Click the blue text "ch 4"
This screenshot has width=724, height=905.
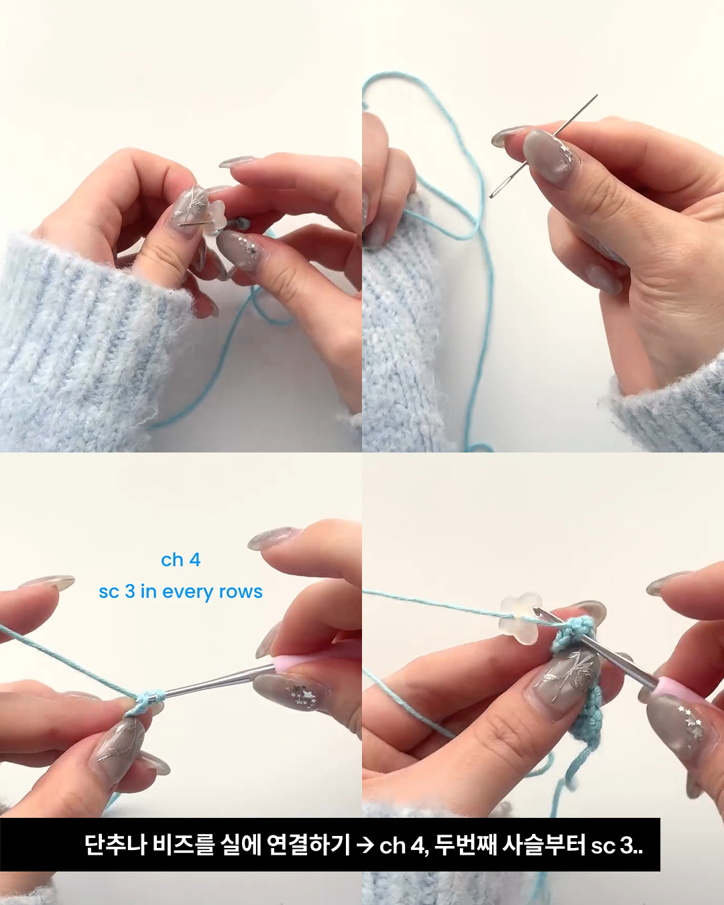(x=181, y=560)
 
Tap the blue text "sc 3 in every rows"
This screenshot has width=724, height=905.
(x=181, y=592)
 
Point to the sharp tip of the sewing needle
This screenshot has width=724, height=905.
(x=597, y=95)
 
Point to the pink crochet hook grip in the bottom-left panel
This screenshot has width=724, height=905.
(x=286, y=664)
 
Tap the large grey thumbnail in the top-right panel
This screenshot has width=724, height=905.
(x=551, y=155)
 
